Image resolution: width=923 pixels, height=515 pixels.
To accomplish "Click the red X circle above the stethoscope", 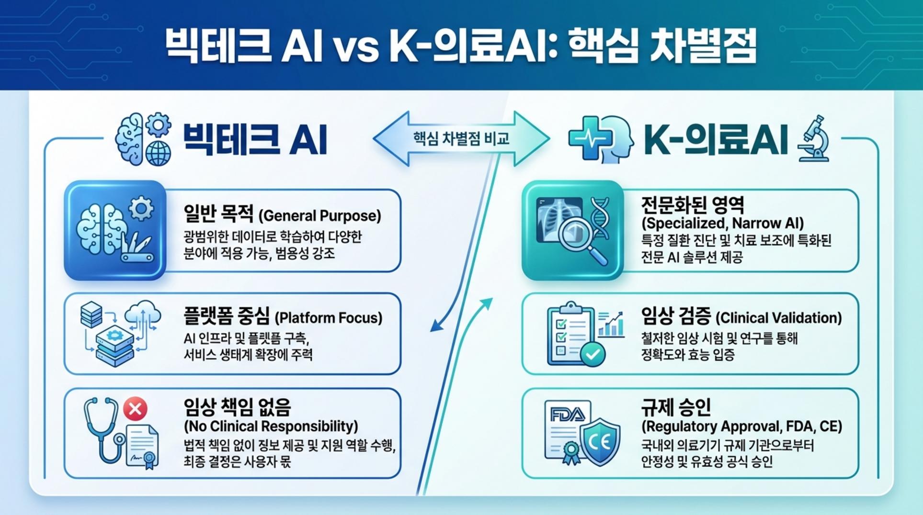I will (135, 409).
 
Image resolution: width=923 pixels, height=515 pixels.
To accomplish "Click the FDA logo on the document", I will (567, 414).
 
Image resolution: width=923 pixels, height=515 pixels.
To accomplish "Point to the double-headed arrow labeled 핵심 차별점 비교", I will (461, 139).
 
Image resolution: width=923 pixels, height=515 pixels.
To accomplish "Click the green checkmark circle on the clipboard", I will (593, 354).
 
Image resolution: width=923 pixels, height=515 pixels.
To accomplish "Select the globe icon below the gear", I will (158, 154).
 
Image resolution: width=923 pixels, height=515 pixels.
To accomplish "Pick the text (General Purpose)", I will (319, 216).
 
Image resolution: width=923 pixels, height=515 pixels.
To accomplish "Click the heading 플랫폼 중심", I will (226, 316).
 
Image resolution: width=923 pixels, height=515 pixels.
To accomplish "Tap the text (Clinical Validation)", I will (778, 318).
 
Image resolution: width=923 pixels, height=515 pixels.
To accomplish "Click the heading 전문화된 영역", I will (693, 205).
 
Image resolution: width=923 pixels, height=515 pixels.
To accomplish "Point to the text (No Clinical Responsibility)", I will (271, 426).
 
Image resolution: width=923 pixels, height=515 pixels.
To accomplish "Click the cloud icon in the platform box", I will (142, 313).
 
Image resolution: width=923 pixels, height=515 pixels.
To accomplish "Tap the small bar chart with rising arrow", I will (611, 324).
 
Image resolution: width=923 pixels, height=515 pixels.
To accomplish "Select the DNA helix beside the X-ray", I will (600, 218).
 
